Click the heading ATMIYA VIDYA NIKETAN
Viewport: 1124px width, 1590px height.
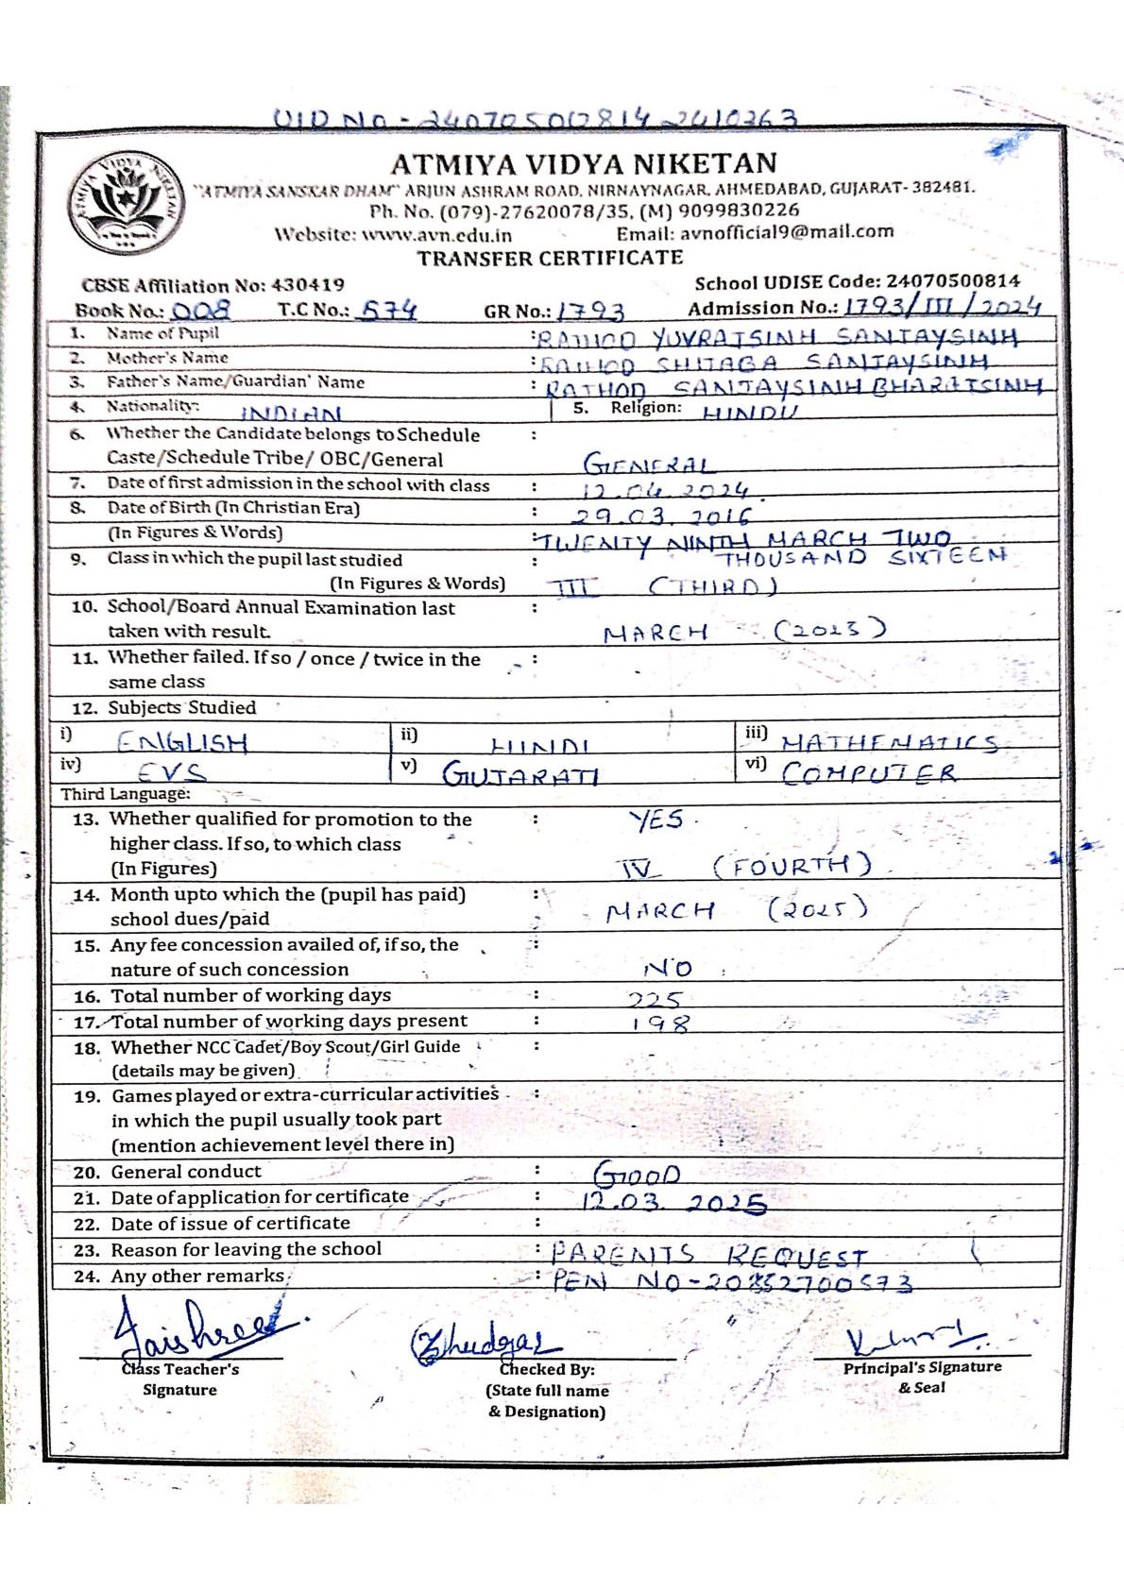(x=584, y=164)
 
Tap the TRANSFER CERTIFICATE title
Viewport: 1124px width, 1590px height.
(x=550, y=258)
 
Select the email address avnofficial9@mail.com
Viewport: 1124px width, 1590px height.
(x=755, y=232)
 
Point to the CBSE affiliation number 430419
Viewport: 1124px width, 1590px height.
(x=308, y=284)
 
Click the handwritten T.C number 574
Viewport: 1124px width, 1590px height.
(x=389, y=310)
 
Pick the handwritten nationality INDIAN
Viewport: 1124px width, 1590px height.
(x=291, y=413)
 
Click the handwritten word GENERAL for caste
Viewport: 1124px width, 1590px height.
(x=648, y=465)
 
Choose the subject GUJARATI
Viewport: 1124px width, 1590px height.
(x=520, y=775)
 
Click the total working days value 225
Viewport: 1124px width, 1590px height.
(x=656, y=999)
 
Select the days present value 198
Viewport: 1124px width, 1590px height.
(x=661, y=1023)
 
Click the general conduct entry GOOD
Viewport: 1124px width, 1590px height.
(x=637, y=1176)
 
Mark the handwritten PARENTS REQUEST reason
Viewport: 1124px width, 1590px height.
(x=708, y=1255)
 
